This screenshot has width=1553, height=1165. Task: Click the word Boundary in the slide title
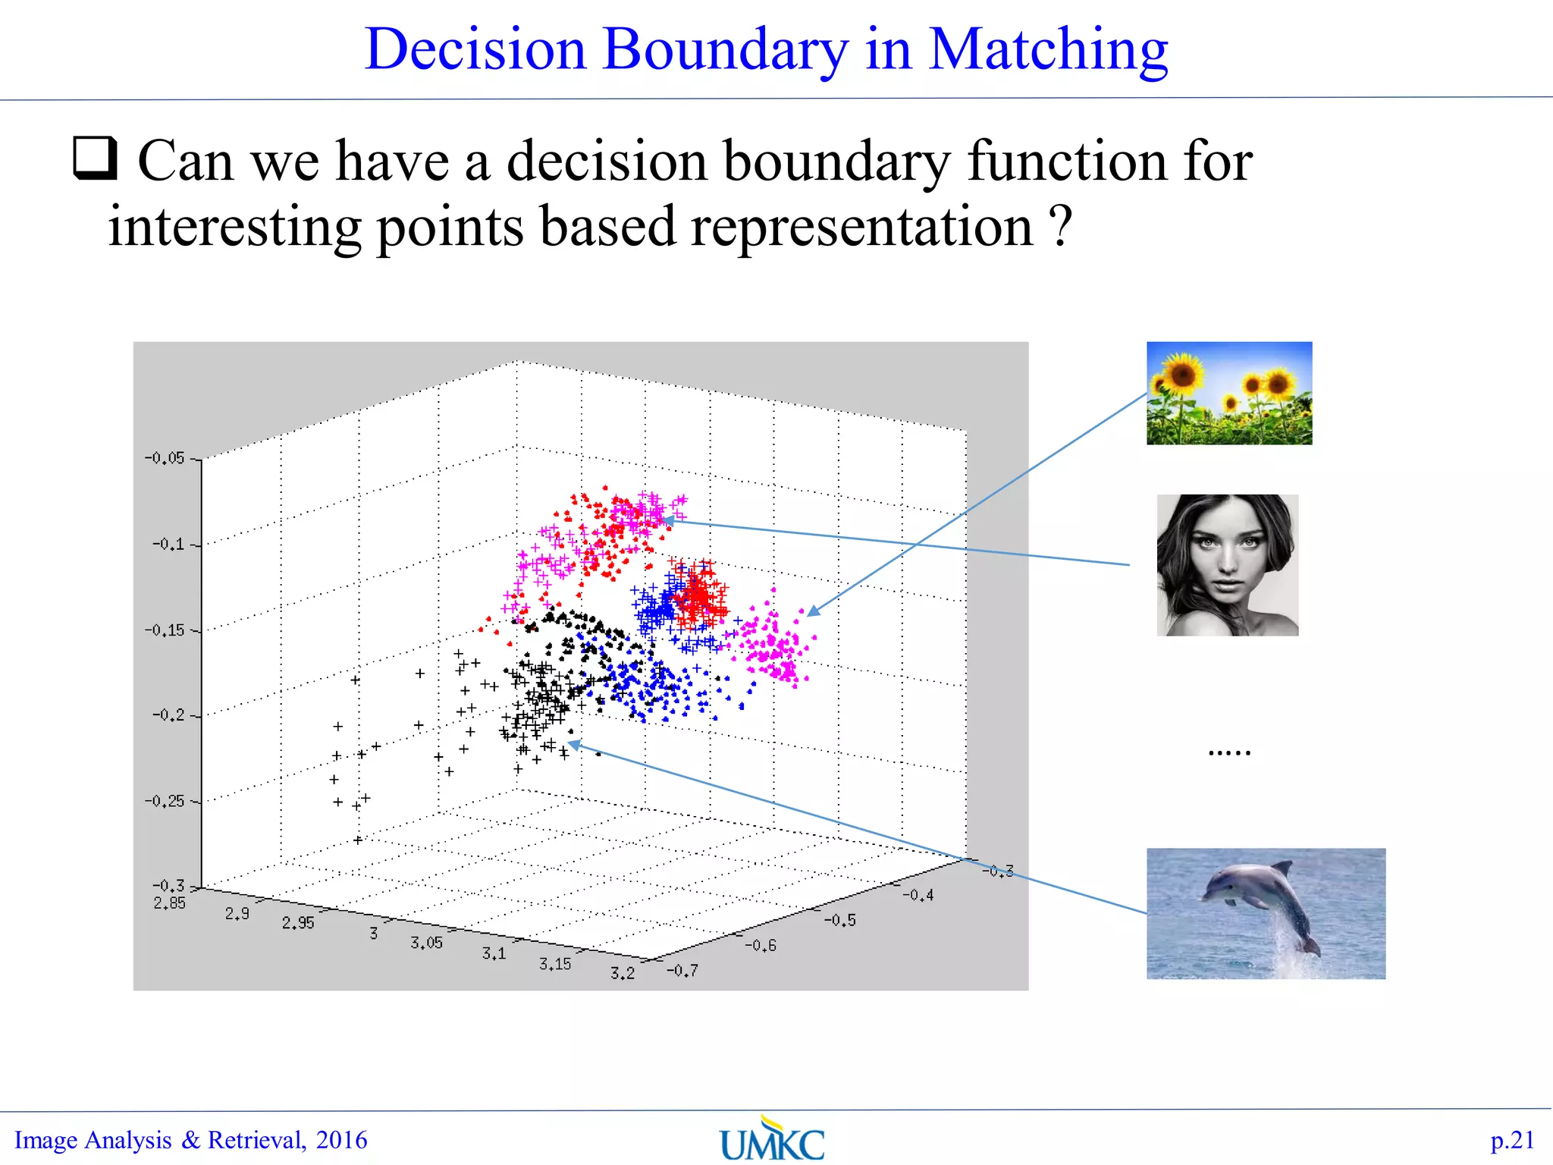(725, 50)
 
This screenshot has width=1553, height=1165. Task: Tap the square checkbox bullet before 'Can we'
(96, 158)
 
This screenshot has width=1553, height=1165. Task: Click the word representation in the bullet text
(861, 228)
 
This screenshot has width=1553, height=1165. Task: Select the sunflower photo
(1228, 393)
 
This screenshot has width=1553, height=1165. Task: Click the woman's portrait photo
(1227, 565)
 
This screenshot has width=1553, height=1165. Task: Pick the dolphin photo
(1265, 913)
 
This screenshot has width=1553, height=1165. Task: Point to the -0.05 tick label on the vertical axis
(165, 458)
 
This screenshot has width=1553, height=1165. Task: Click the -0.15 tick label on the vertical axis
(165, 630)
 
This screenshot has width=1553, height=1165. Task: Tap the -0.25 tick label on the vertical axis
(165, 801)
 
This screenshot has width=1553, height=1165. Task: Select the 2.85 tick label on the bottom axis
(169, 903)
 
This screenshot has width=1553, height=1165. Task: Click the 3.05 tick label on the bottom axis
(426, 943)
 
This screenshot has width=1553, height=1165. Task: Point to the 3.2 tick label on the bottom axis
(623, 973)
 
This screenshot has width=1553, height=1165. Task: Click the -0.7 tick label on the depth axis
(682, 971)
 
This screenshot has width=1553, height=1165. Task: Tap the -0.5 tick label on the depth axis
(840, 921)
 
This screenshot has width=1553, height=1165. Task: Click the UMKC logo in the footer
(772, 1140)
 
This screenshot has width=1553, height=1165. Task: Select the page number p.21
(1512, 1140)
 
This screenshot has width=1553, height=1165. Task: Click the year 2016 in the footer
(341, 1140)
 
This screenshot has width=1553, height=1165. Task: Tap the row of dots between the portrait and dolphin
(1229, 753)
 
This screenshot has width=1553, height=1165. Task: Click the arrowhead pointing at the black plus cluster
(575, 745)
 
